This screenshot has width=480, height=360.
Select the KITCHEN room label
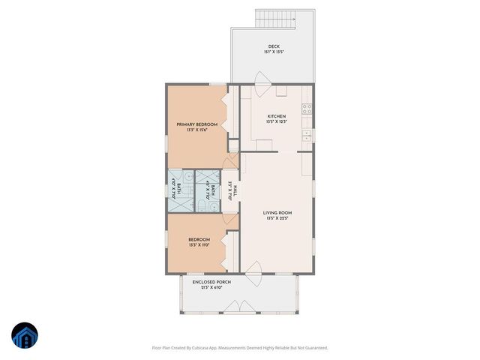[277, 116]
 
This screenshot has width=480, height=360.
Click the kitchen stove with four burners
[307, 109]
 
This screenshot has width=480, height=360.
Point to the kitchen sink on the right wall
[307, 135]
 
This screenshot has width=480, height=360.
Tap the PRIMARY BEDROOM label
[196, 124]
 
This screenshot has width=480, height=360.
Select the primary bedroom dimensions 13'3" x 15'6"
[196, 130]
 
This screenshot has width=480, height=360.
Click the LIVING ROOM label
[277, 213]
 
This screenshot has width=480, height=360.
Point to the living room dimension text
[277, 219]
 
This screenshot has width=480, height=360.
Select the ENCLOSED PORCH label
[211, 282]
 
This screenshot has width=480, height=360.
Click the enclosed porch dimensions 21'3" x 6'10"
[211, 288]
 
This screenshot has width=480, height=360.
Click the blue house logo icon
[25, 335]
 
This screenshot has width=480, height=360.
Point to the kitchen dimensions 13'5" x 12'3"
[277, 122]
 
